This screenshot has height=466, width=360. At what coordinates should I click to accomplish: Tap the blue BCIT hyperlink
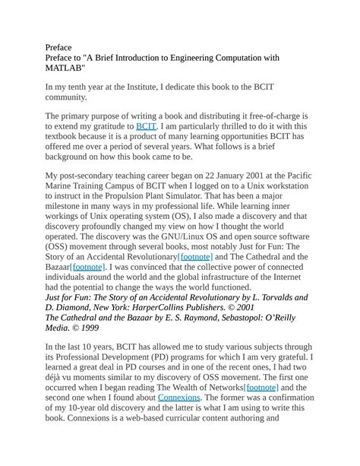146,126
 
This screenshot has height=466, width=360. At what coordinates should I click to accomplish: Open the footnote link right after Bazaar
89,268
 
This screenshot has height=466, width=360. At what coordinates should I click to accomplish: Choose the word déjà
57,376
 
